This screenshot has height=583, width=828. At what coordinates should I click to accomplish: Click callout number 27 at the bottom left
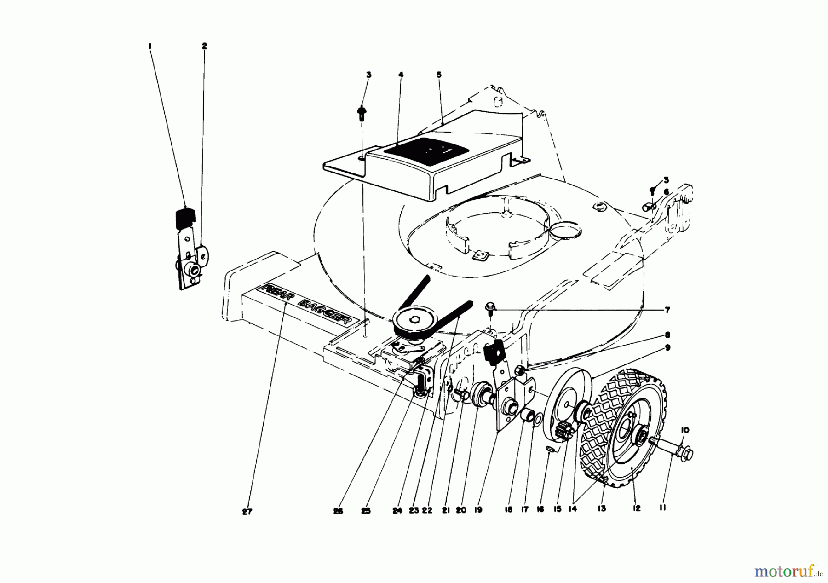[x=247, y=512]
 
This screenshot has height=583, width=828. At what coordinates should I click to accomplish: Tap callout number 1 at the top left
[x=150, y=46]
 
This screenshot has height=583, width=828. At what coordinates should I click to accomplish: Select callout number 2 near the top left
[x=204, y=46]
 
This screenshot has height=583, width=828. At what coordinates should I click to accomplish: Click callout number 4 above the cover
[x=401, y=75]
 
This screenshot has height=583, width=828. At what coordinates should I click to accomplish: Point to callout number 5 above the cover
[x=439, y=75]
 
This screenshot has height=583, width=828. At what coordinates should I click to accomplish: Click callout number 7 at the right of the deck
[x=666, y=192]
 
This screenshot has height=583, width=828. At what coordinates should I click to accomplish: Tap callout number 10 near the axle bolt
[x=685, y=430]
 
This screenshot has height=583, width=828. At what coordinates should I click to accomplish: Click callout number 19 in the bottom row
[x=478, y=510]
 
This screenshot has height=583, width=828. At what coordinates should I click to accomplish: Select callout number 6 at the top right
[x=666, y=192]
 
